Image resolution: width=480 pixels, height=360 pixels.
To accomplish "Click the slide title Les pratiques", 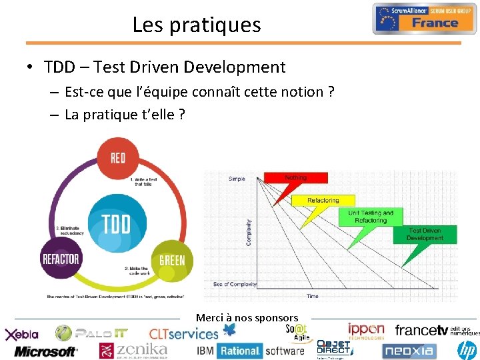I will (x=197, y=25).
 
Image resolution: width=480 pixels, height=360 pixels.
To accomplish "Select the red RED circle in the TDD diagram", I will (x=117, y=158).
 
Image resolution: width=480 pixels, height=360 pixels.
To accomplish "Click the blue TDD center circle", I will (x=116, y=224).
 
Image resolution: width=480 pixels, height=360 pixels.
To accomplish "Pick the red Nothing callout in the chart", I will (x=295, y=178).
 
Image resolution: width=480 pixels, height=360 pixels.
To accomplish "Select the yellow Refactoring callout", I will (x=323, y=201).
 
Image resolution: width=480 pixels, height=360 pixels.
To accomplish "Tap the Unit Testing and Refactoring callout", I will (x=371, y=217).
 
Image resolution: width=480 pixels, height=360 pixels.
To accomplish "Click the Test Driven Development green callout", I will (x=425, y=235).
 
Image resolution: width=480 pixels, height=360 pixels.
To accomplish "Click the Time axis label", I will (x=312, y=296).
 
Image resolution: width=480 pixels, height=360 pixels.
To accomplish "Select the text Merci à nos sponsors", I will (x=247, y=318).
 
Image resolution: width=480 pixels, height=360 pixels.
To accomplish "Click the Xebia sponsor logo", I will (x=23, y=334).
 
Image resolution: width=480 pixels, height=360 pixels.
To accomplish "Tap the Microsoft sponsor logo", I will (x=45, y=351).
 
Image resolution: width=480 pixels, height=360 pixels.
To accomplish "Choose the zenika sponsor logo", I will (x=133, y=349).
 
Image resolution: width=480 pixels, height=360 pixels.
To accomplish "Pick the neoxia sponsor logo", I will (x=409, y=350).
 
